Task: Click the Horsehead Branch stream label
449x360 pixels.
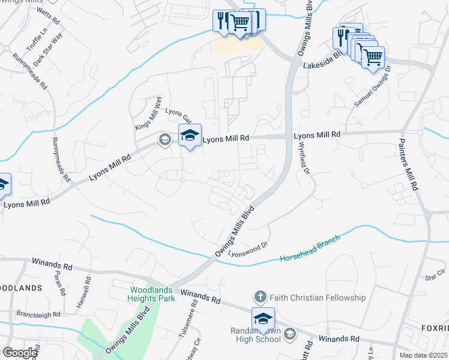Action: [310, 247]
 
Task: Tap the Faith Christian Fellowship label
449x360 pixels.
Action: [318, 298]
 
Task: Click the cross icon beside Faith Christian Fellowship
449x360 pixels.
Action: [260, 297]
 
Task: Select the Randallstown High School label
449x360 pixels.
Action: [256, 335]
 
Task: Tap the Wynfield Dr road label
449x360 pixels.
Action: [304, 162]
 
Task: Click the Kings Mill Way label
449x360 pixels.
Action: [149, 112]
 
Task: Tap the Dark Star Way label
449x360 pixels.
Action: [49, 49]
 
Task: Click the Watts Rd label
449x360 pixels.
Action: [49, 16]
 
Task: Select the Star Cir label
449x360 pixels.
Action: [433, 275]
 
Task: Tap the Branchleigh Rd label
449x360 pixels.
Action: [38, 314]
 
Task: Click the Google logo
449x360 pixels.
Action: [20, 353]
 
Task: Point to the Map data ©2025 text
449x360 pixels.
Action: [423, 355]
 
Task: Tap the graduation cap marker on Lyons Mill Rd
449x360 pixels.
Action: [190, 136]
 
